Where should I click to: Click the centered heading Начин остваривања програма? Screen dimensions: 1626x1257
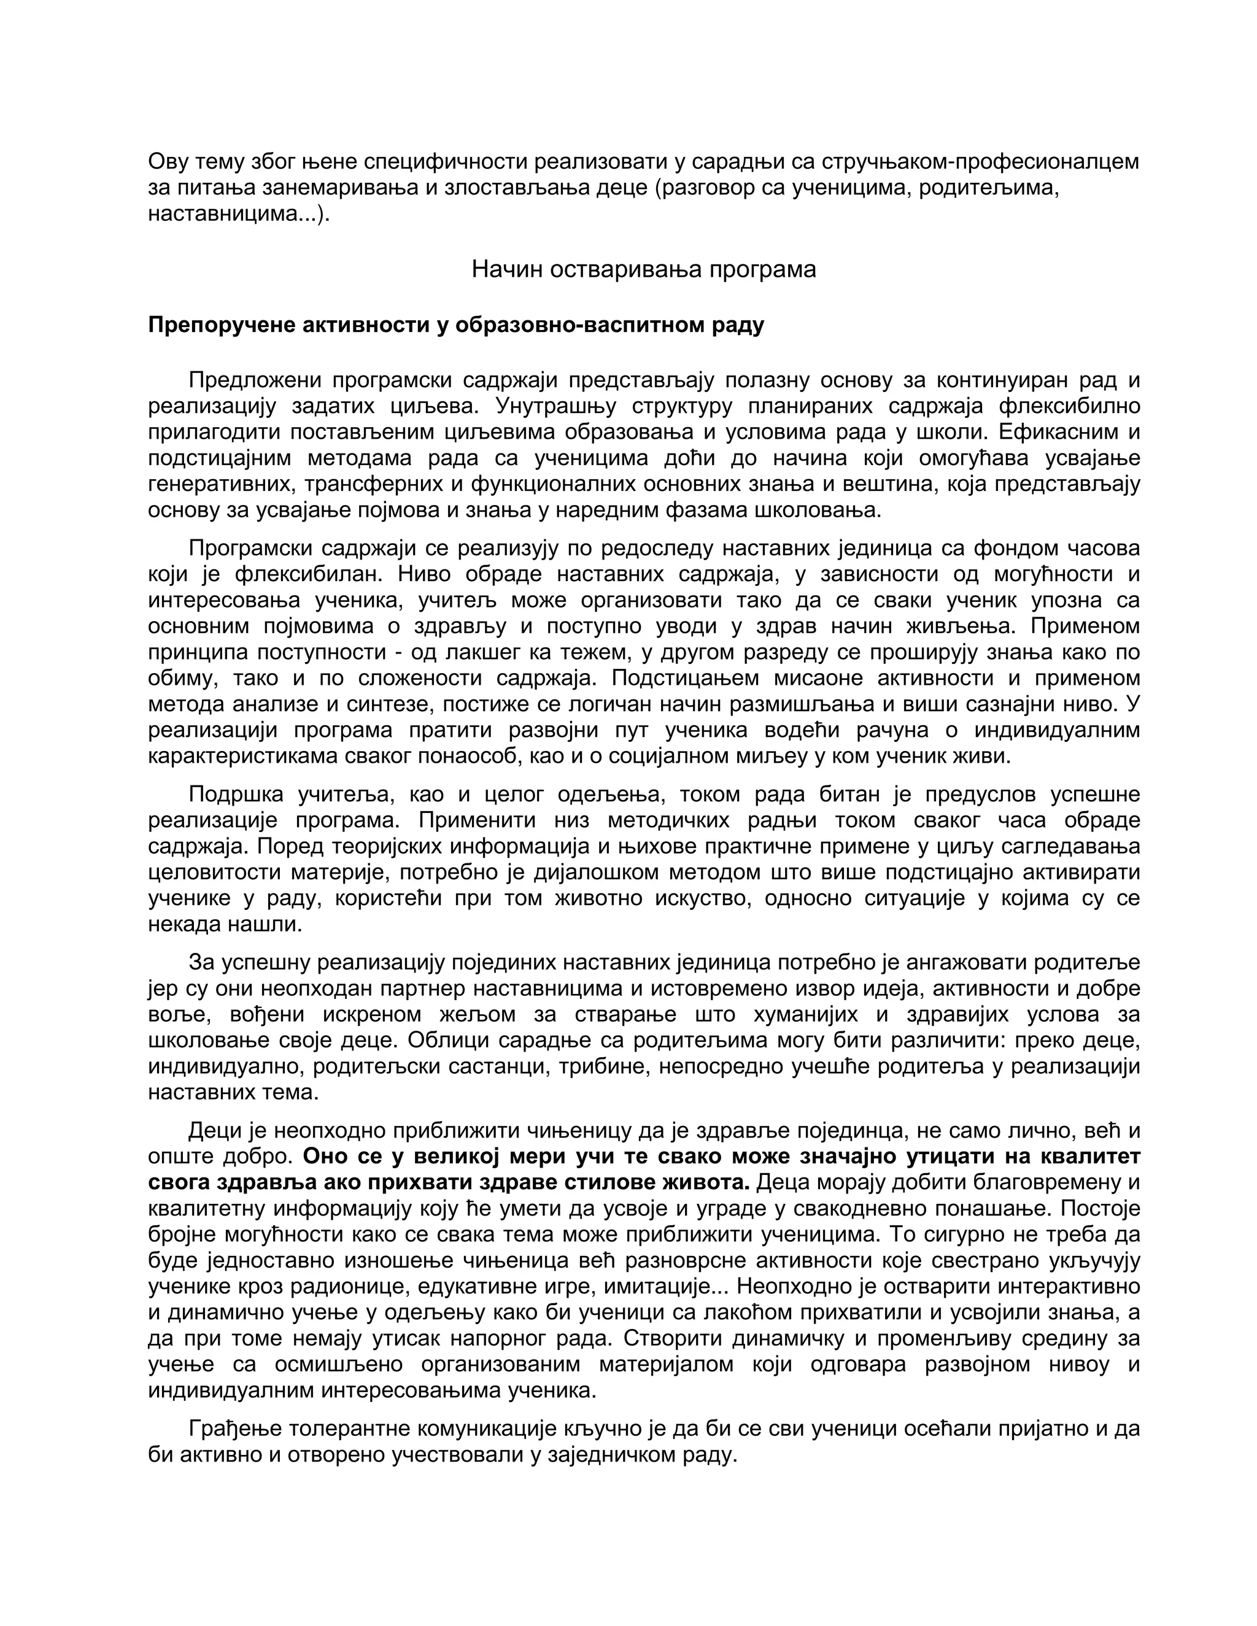[643, 269]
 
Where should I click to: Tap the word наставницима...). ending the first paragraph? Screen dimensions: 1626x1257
[238, 214]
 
